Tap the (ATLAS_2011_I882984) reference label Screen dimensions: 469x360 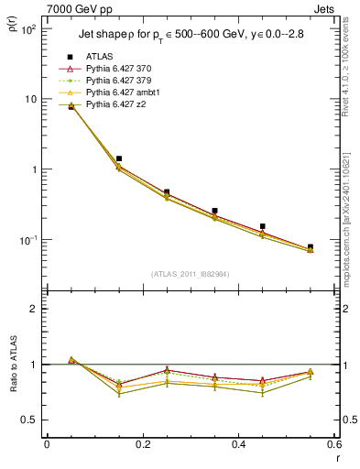coord(191,273)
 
